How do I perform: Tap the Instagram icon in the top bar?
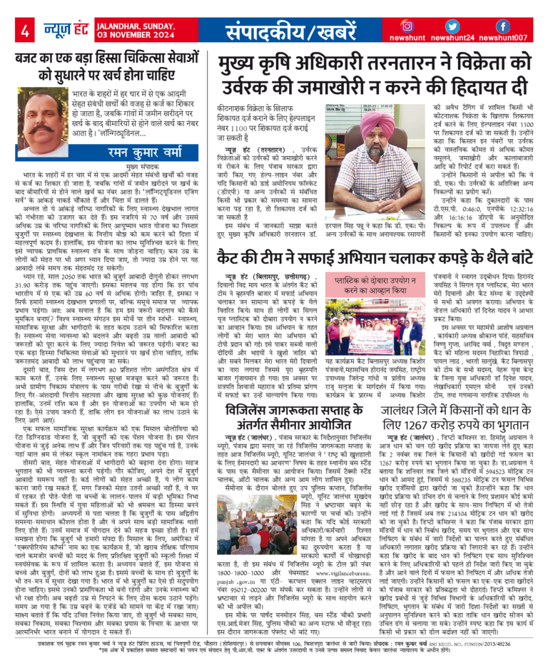412,26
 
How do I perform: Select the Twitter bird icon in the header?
459,26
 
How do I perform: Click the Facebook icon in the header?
503,26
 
